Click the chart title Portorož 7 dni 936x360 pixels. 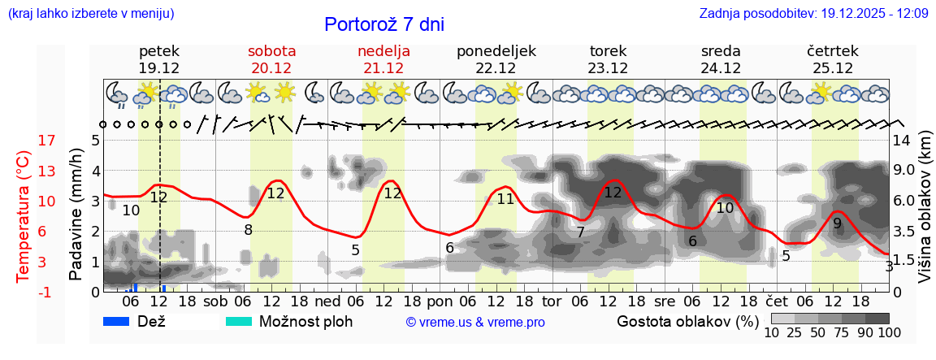(x=384, y=24)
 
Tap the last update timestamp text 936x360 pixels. (x=813, y=14)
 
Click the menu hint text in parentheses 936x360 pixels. (x=90, y=14)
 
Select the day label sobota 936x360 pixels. (x=271, y=51)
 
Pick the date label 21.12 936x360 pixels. (x=383, y=68)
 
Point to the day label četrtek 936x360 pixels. (x=834, y=51)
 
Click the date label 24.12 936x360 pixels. (x=721, y=68)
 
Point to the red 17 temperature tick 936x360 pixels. (x=24, y=141)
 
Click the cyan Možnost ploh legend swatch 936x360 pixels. (x=239, y=321)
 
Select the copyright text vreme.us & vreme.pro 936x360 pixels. (x=475, y=322)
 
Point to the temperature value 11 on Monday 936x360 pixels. (x=505, y=198)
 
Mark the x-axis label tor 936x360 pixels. (x=552, y=301)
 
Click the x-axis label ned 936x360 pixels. (x=327, y=301)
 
